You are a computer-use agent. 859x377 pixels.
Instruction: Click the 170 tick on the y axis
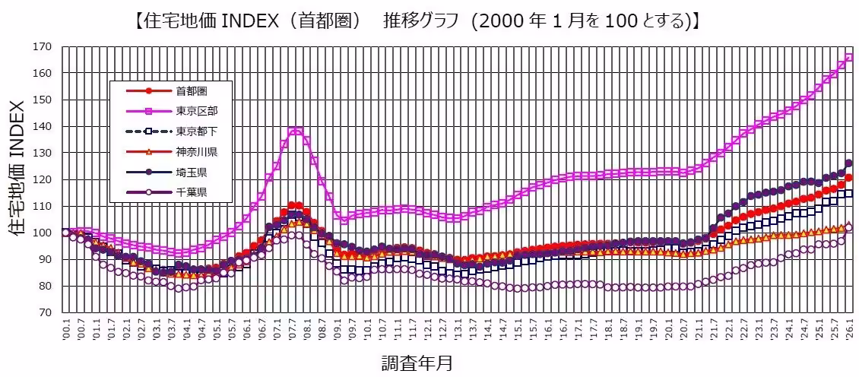pyautogui.click(x=43, y=46)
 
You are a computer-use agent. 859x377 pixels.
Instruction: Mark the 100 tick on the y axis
pyautogui.click(x=43, y=233)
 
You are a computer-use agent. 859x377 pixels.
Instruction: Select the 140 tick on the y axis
pyautogui.click(x=43, y=126)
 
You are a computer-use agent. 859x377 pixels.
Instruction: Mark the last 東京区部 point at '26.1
pyautogui.click(x=849, y=57)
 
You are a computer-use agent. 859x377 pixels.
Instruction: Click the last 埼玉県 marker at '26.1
pyautogui.click(x=849, y=163)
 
